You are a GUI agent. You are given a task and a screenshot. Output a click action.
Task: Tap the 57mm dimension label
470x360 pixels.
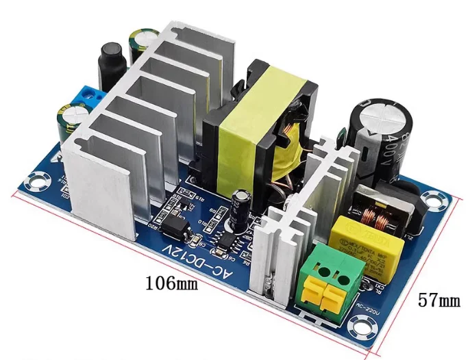[439, 298]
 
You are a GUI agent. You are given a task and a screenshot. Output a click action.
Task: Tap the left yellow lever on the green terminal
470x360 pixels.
[317, 293]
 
